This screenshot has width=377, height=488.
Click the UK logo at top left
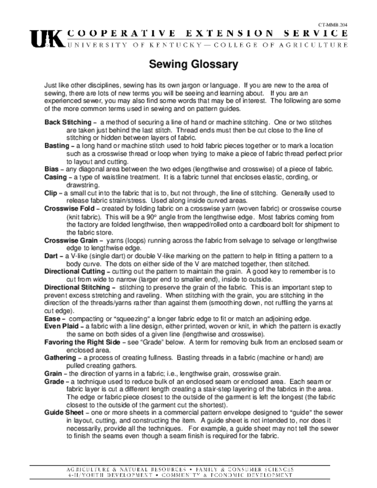point(46,39)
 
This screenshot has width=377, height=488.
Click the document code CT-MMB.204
point(332,24)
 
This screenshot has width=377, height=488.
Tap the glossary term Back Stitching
point(67,122)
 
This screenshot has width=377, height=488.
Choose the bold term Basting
point(57,145)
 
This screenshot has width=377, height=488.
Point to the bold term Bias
point(51,169)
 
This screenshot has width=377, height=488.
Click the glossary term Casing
point(56,177)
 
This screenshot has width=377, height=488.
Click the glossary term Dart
point(51,256)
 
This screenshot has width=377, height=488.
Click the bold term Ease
point(52,318)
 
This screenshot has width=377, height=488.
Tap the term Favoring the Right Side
point(82,342)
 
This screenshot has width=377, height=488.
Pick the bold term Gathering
point(61,357)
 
